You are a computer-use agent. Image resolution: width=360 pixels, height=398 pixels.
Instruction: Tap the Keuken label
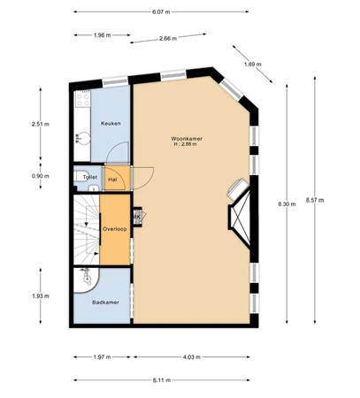pos(111,123)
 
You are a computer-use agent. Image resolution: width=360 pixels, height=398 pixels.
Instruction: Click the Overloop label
pos(114,228)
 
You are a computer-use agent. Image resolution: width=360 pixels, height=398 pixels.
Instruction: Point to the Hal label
pos(113,178)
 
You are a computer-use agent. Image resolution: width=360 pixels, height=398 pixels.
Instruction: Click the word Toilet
pos(89,177)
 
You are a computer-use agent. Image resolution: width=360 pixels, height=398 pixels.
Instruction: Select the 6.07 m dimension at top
pos(160,12)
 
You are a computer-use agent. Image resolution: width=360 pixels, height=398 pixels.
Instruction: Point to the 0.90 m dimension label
pos(41,175)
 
